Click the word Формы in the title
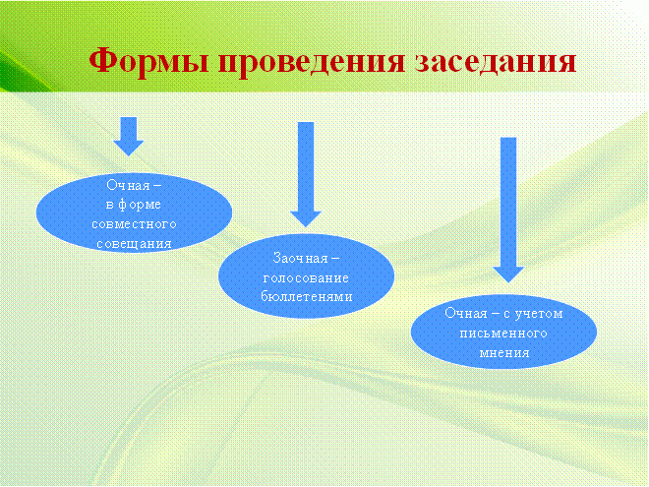tap(148, 62)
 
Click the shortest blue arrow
tap(128, 136)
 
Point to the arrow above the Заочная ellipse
tap(306, 174)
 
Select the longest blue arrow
tap(508, 210)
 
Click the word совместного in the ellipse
tap(134, 224)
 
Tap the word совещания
tap(134, 244)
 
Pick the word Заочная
tap(301, 259)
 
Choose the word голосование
tap(306, 277)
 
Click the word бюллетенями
tap(306, 296)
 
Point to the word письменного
tap(503, 334)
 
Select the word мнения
tap(504, 353)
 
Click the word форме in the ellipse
tap(140, 205)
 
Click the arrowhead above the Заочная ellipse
tap(306, 219)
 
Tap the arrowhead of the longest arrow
tap(508, 274)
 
